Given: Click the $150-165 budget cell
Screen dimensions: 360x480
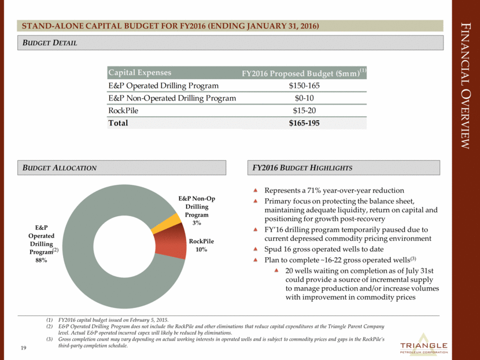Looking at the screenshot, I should point(304,86).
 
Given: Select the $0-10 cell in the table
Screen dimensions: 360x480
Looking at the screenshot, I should point(304,98).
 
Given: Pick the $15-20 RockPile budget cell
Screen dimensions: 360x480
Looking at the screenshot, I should point(304,110).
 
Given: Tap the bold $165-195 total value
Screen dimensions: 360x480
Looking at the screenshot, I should point(304,123).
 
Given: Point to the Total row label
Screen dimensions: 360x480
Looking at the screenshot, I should point(118,123).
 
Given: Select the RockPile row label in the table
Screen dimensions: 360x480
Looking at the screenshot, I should point(125,110).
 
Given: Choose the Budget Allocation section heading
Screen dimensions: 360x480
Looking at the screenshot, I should point(57,167).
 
